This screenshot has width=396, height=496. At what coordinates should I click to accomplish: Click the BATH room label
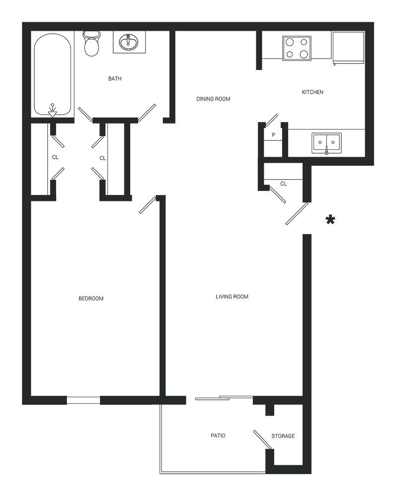115,78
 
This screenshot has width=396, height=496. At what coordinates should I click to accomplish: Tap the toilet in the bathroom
91,43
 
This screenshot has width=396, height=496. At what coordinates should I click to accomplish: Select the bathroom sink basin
129,42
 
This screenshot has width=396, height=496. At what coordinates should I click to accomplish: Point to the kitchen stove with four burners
297,48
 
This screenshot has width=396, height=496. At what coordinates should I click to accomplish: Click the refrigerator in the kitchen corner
347,47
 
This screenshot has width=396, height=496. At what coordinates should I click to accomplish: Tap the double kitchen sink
326,143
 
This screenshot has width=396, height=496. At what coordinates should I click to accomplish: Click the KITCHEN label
313,92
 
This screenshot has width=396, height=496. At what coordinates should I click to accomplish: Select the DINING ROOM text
213,99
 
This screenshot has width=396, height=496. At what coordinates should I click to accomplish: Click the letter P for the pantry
273,135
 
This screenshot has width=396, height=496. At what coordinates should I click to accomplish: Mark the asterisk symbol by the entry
330,220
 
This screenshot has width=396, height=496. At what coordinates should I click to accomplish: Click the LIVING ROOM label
232,297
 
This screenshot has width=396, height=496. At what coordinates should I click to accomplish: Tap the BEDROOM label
91,298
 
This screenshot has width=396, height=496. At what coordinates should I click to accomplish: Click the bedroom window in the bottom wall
83,400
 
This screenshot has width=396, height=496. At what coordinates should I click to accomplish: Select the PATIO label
218,435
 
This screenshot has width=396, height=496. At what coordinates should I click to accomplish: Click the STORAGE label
283,436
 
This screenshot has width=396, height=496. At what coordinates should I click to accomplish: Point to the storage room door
263,439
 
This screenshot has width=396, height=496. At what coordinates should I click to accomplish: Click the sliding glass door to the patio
224,398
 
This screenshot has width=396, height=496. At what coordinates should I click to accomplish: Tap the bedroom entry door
148,205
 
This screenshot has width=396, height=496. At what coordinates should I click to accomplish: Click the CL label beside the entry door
283,184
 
